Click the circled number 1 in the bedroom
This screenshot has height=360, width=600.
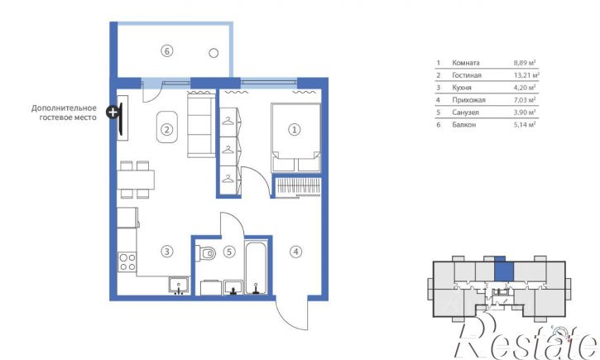[295, 130]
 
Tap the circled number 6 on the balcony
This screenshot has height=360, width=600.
[166, 50]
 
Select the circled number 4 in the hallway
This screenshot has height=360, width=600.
[295, 252]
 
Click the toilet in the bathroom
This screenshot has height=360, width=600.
[205, 253]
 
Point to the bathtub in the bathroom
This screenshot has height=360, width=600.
[256, 267]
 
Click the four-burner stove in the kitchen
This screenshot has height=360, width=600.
[127, 262]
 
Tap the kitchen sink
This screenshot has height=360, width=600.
[179, 286]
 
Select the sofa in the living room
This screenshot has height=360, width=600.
[201, 125]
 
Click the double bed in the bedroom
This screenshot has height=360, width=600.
[295, 137]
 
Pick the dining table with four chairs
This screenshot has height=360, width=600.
[136, 180]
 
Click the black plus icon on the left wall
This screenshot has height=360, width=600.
[113, 113]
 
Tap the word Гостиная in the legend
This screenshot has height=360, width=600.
[467, 75]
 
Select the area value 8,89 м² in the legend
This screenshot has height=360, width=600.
[525, 63]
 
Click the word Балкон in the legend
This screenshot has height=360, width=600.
[463, 125]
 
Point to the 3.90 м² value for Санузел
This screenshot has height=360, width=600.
[525, 113]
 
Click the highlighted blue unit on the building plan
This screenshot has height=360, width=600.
[503, 271]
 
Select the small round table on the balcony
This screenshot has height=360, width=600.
[214, 53]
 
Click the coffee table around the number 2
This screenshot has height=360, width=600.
[167, 127]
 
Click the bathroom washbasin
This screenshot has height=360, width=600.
[233, 287]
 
